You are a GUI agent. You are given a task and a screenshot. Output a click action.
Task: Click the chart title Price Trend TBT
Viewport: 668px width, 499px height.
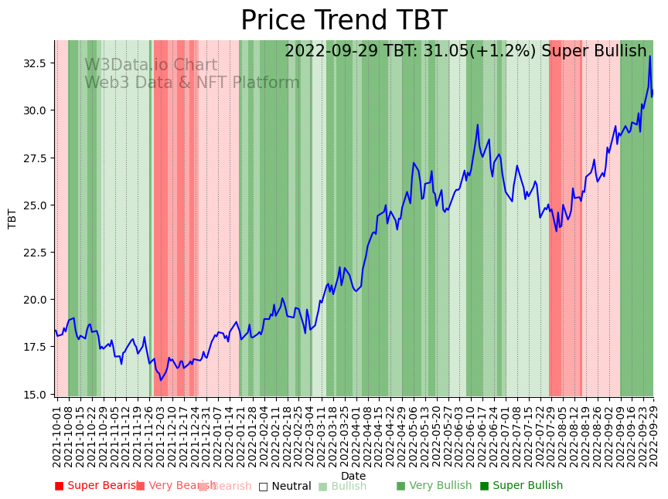pyautogui.click(x=343, y=21)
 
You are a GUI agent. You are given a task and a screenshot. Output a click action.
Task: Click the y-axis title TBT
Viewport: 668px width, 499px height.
pyautogui.click(x=12, y=218)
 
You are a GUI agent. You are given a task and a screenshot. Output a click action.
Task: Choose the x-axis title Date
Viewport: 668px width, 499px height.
pyautogui.click(x=353, y=476)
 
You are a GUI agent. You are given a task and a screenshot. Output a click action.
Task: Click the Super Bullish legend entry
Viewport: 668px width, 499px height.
pyautogui.click(x=522, y=486)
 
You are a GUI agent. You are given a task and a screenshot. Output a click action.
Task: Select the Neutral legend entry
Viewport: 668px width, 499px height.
pyautogui.click(x=285, y=486)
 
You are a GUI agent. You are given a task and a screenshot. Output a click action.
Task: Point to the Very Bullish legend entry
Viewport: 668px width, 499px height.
pyautogui.click(x=434, y=486)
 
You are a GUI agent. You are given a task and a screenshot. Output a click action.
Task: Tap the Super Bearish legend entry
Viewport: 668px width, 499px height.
pyautogui.click(x=98, y=486)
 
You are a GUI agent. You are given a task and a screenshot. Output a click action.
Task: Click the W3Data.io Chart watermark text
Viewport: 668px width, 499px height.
pyautogui.click(x=151, y=66)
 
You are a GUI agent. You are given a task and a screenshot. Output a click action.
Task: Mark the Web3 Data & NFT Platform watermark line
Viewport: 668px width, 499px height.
pyautogui.click(x=192, y=83)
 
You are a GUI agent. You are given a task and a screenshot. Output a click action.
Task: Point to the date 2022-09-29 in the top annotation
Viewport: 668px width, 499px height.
pyautogui.click(x=335, y=52)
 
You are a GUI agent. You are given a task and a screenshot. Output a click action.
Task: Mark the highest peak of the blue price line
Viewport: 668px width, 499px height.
pyautogui.click(x=649, y=56)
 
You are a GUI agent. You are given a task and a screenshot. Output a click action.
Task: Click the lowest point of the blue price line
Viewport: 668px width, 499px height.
pyautogui.click(x=161, y=380)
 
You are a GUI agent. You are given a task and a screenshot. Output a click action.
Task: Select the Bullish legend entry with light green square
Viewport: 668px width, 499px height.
pyautogui.click(x=343, y=486)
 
